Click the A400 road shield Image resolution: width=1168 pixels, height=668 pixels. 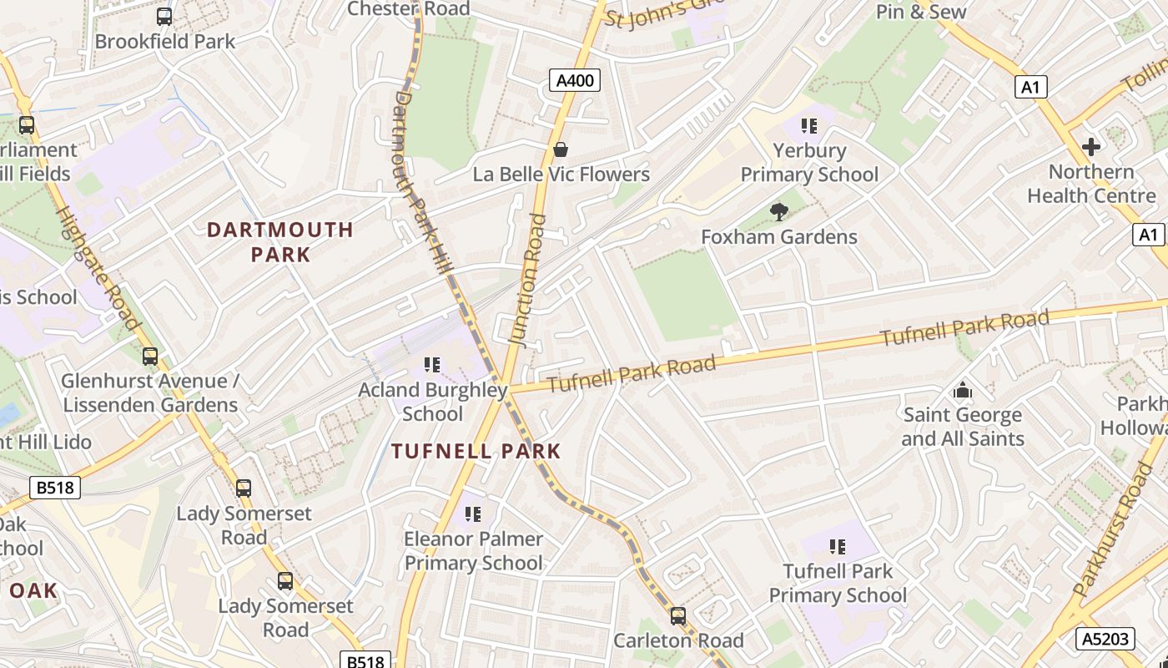(x=575, y=80)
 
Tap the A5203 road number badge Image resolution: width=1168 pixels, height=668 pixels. (x=1105, y=640)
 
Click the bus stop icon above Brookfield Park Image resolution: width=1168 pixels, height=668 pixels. (x=164, y=16)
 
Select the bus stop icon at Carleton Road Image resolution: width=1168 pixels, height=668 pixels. (x=678, y=616)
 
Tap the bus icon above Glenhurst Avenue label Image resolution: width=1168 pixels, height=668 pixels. (x=150, y=357)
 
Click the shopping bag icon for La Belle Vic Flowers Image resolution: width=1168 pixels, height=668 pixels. (x=561, y=149)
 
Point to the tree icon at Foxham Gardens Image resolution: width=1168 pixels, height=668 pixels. (x=779, y=212)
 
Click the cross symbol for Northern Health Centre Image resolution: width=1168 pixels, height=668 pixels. (x=1090, y=147)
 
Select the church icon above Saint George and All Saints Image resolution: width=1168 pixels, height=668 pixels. (x=963, y=390)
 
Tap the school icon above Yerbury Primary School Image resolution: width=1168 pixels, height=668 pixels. (x=808, y=126)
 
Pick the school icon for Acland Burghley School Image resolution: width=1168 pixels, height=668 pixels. (x=432, y=365)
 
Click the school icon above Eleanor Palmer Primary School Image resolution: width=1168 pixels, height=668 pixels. (x=473, y=514)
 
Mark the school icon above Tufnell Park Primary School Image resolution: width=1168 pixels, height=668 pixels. (x=838, y=547)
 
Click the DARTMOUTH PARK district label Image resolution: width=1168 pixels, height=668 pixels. (x=280, y=242)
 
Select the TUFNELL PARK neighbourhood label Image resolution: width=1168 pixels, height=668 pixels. (x=476, y=452)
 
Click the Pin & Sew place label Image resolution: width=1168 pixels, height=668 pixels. (x=921, y=12)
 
